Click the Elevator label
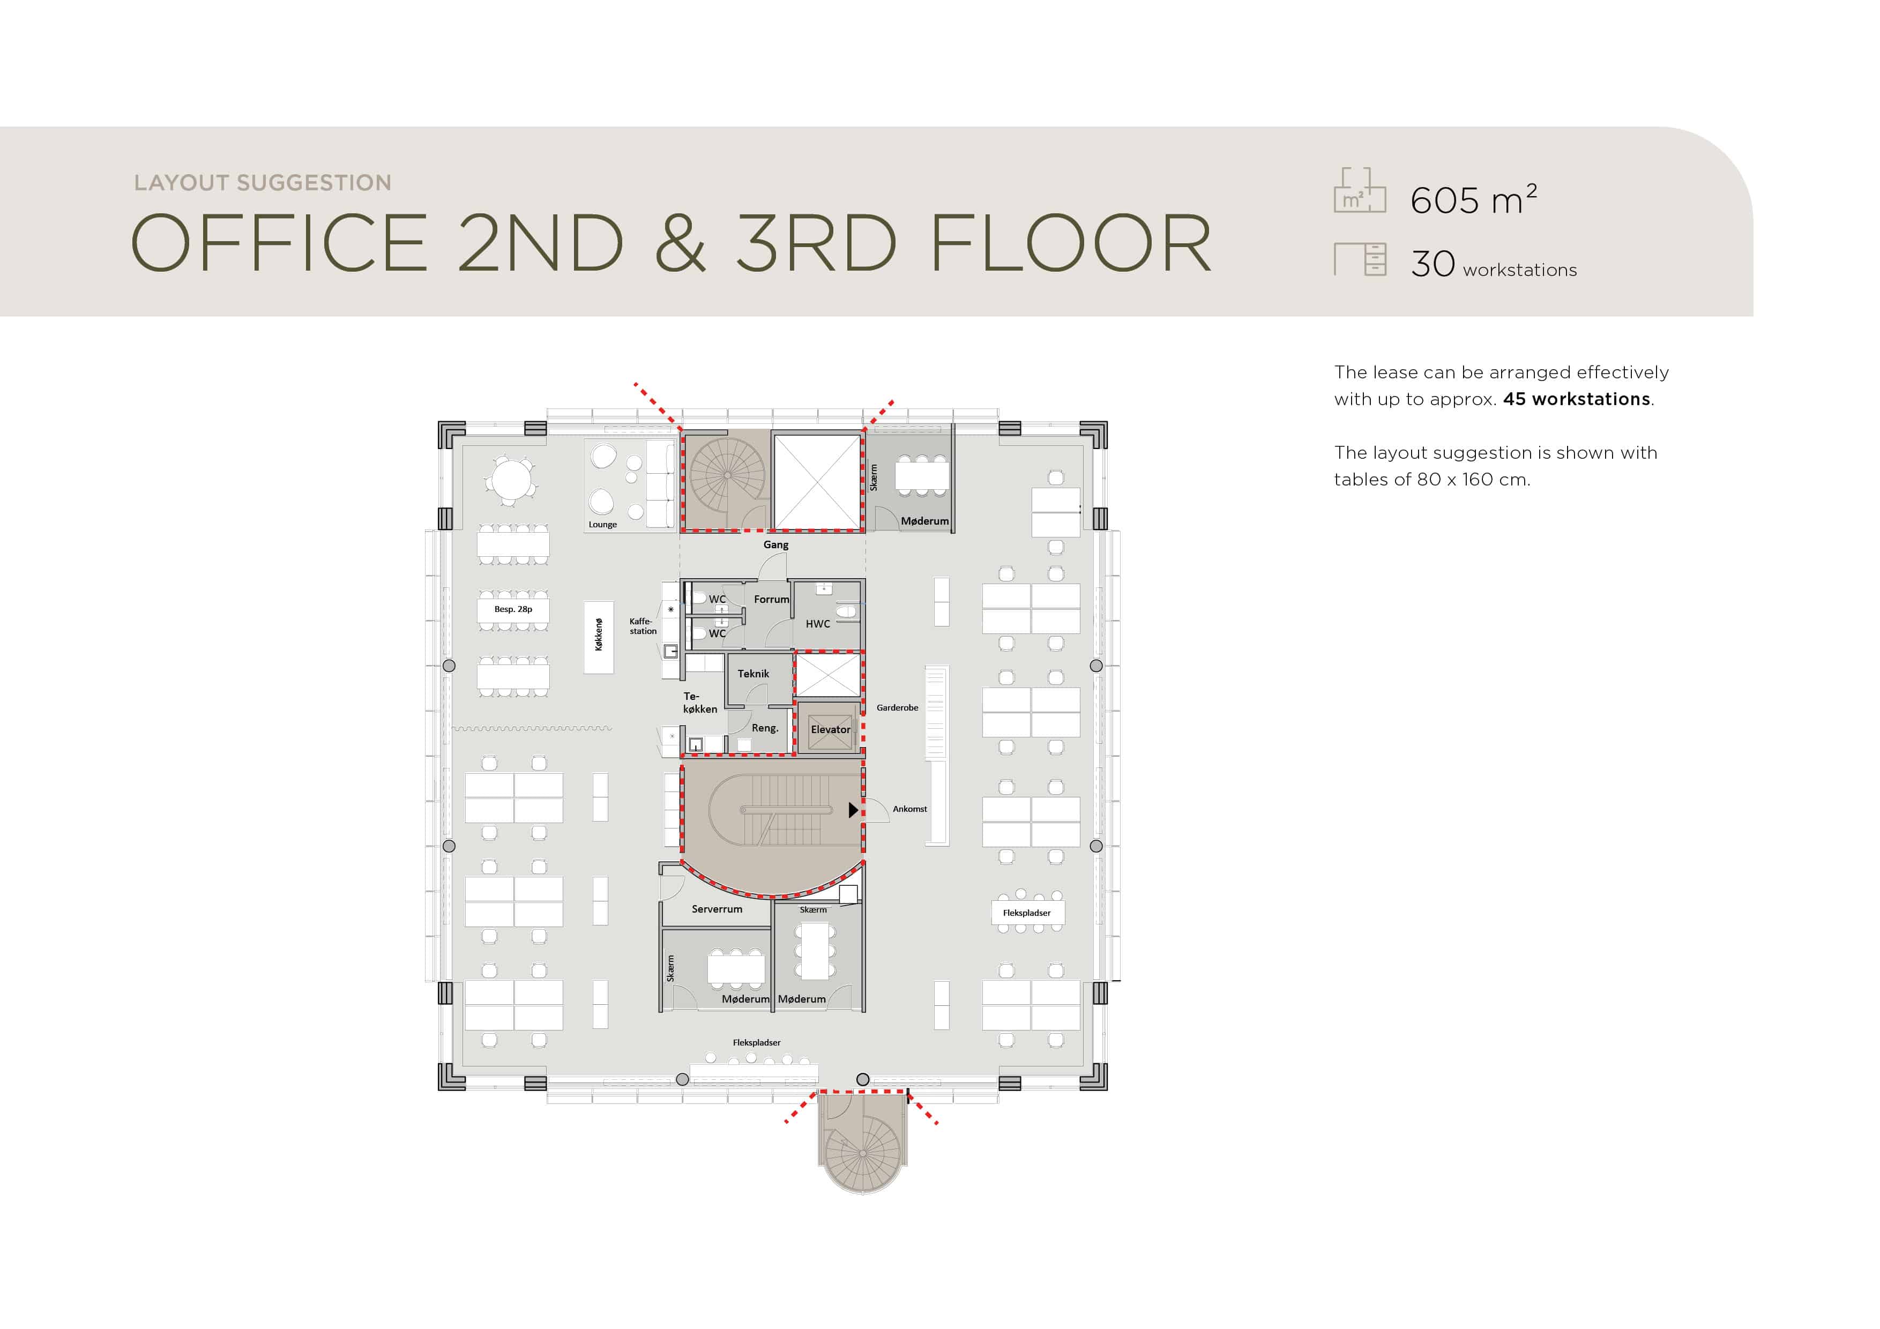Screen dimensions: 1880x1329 pos(830,729)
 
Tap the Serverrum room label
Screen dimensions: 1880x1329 pos(717,909)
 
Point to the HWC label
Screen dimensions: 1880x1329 pos(818,624)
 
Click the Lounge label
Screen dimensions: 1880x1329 pos(603,525)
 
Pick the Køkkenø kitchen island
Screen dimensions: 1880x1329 pos(599,638)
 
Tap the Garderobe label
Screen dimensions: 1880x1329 pos(898,707)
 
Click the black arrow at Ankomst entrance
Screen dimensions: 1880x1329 pos(853,810)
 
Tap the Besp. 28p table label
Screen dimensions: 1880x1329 pos(513,609)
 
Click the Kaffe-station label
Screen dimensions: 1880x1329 pos(643,626)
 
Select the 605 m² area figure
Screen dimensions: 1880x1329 pos(1474,200)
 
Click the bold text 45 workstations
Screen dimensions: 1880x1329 pos(1576,399)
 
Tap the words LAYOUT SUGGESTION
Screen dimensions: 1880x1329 pos(263,183)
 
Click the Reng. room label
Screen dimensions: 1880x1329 pos(765,728)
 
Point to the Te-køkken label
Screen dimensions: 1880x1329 pos(700,703)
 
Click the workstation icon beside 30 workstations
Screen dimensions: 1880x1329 pos(1360,259)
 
